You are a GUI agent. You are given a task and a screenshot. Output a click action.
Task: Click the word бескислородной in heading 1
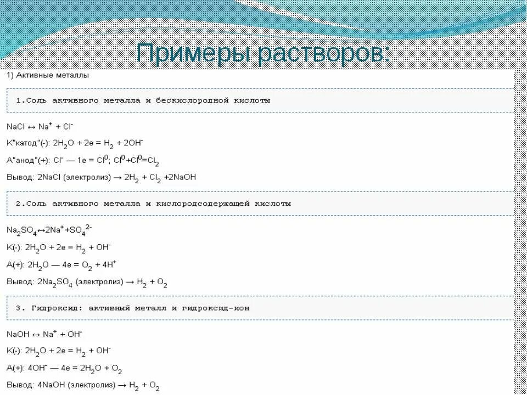point(189,101)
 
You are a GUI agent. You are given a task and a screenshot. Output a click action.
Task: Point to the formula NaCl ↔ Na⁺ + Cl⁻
point(41,126)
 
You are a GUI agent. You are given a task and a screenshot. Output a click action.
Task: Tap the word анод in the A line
point(32,161)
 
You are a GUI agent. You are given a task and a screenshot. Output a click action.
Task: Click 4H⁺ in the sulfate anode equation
point(108,265)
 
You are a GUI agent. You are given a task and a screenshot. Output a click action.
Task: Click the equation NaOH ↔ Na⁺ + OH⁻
point(44,334)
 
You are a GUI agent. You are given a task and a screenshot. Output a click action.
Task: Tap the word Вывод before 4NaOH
point(19,386)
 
